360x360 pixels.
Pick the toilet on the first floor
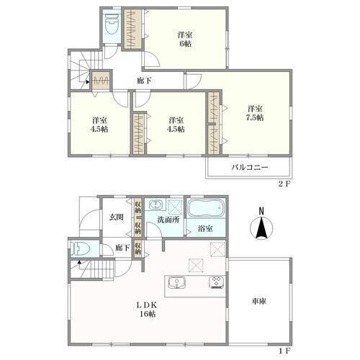tap(81, 248)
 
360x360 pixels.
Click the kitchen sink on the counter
tap(176, 282)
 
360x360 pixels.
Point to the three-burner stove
tap(217, 282)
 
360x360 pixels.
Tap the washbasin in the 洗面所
tap(156, 204)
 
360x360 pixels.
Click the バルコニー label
tap(250, 167)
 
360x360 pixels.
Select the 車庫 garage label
tap(259, 301)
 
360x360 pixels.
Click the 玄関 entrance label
tap(117, 217)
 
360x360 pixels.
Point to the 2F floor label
tap(284, 184)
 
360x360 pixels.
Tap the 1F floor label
tap(285, 351)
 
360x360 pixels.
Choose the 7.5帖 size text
tap(255, 117)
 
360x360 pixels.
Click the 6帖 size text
tap(185, 44)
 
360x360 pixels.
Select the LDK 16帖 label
tap(148, 310)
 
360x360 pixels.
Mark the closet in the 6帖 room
tap(132, 30)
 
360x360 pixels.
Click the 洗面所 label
tap(168, 220)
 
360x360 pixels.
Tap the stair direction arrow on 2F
tap(88, 82)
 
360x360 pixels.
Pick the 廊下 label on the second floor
tap(144, 81)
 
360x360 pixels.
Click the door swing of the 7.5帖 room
tap(194, 81)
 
